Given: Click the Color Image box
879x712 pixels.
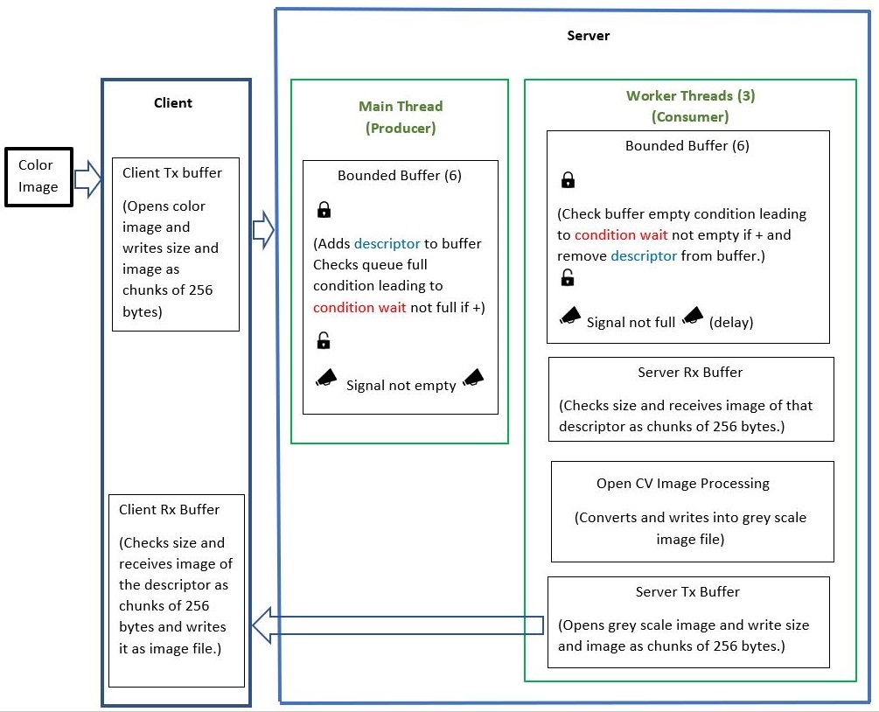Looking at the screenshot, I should tap(38, 176).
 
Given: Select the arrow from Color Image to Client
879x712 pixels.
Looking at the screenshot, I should tap(87, 180).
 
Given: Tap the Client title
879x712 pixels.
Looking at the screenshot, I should tap(173, 102).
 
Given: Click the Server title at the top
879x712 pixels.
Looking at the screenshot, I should tap(588, 36).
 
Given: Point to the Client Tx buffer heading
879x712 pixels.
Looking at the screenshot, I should tap(172, 172).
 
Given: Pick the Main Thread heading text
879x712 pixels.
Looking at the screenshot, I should tap(401, 106).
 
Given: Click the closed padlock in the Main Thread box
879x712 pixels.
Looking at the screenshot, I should tap(324, 210).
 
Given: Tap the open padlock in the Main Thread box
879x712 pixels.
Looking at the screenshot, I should tap(324, 340).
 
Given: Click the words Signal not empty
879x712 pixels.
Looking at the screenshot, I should tap(401, 385).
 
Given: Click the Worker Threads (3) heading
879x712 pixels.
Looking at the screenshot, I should tap(690, 95).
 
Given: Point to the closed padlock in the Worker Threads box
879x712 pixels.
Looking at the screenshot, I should tap(568, 181).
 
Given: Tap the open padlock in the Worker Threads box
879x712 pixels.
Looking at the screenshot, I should tap(568, 278).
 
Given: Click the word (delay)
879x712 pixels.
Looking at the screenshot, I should tap(731, 322).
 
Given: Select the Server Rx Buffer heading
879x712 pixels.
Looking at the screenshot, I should tap(690, 372).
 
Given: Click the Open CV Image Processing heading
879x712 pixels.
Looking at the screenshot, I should tap(682, 483).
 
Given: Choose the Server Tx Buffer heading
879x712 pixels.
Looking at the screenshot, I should tap(687, 591).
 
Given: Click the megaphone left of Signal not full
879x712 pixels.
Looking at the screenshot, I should tap(569, 316).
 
